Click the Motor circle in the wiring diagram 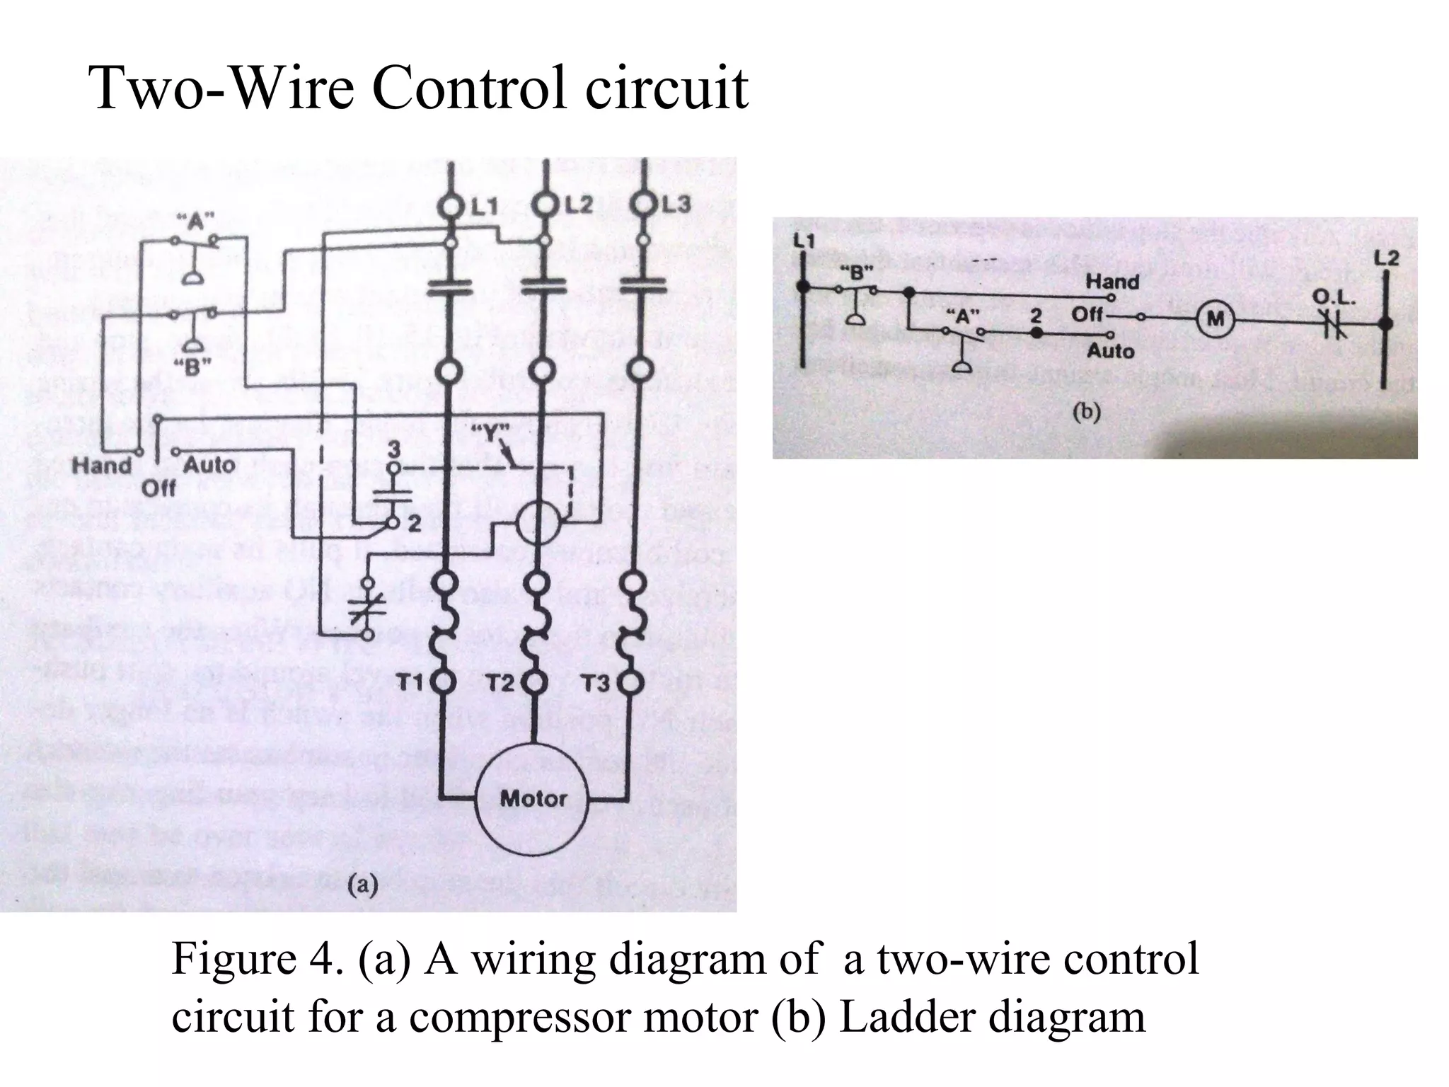point(533,799)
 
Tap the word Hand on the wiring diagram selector point(103,466)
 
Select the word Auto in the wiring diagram point(209,465)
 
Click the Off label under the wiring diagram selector point(158,488)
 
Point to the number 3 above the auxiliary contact point(394,448)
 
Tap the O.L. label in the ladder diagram point(1333,298)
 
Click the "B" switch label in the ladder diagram point(857,272)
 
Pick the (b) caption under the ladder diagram point(1086,413)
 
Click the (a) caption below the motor point(363,885)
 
